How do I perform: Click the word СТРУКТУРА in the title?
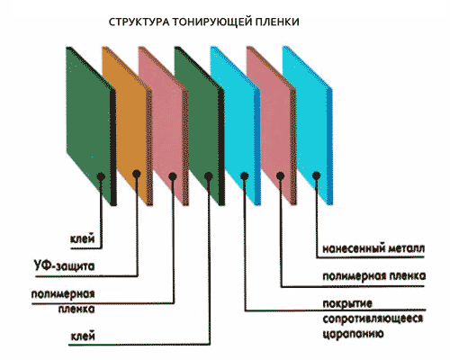click(139, 22)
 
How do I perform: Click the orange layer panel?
click(128, 126)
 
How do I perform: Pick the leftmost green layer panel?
click(91, 126)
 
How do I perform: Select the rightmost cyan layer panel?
click(308, 126)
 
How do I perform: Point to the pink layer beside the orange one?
click(164, 126)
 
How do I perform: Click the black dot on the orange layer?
click(137, 173)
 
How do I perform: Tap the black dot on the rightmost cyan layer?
click(316, 175)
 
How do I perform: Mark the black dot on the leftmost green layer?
click(101, 176)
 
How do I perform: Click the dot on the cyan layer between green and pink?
click(244, 176)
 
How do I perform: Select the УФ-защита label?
click(64, 265)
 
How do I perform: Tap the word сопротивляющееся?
click(373, 319)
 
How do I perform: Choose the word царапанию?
click(353, 334)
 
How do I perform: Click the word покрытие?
click(347, 303)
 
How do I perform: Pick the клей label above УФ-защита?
click(83, 238)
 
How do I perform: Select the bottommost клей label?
click(83, 336)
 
